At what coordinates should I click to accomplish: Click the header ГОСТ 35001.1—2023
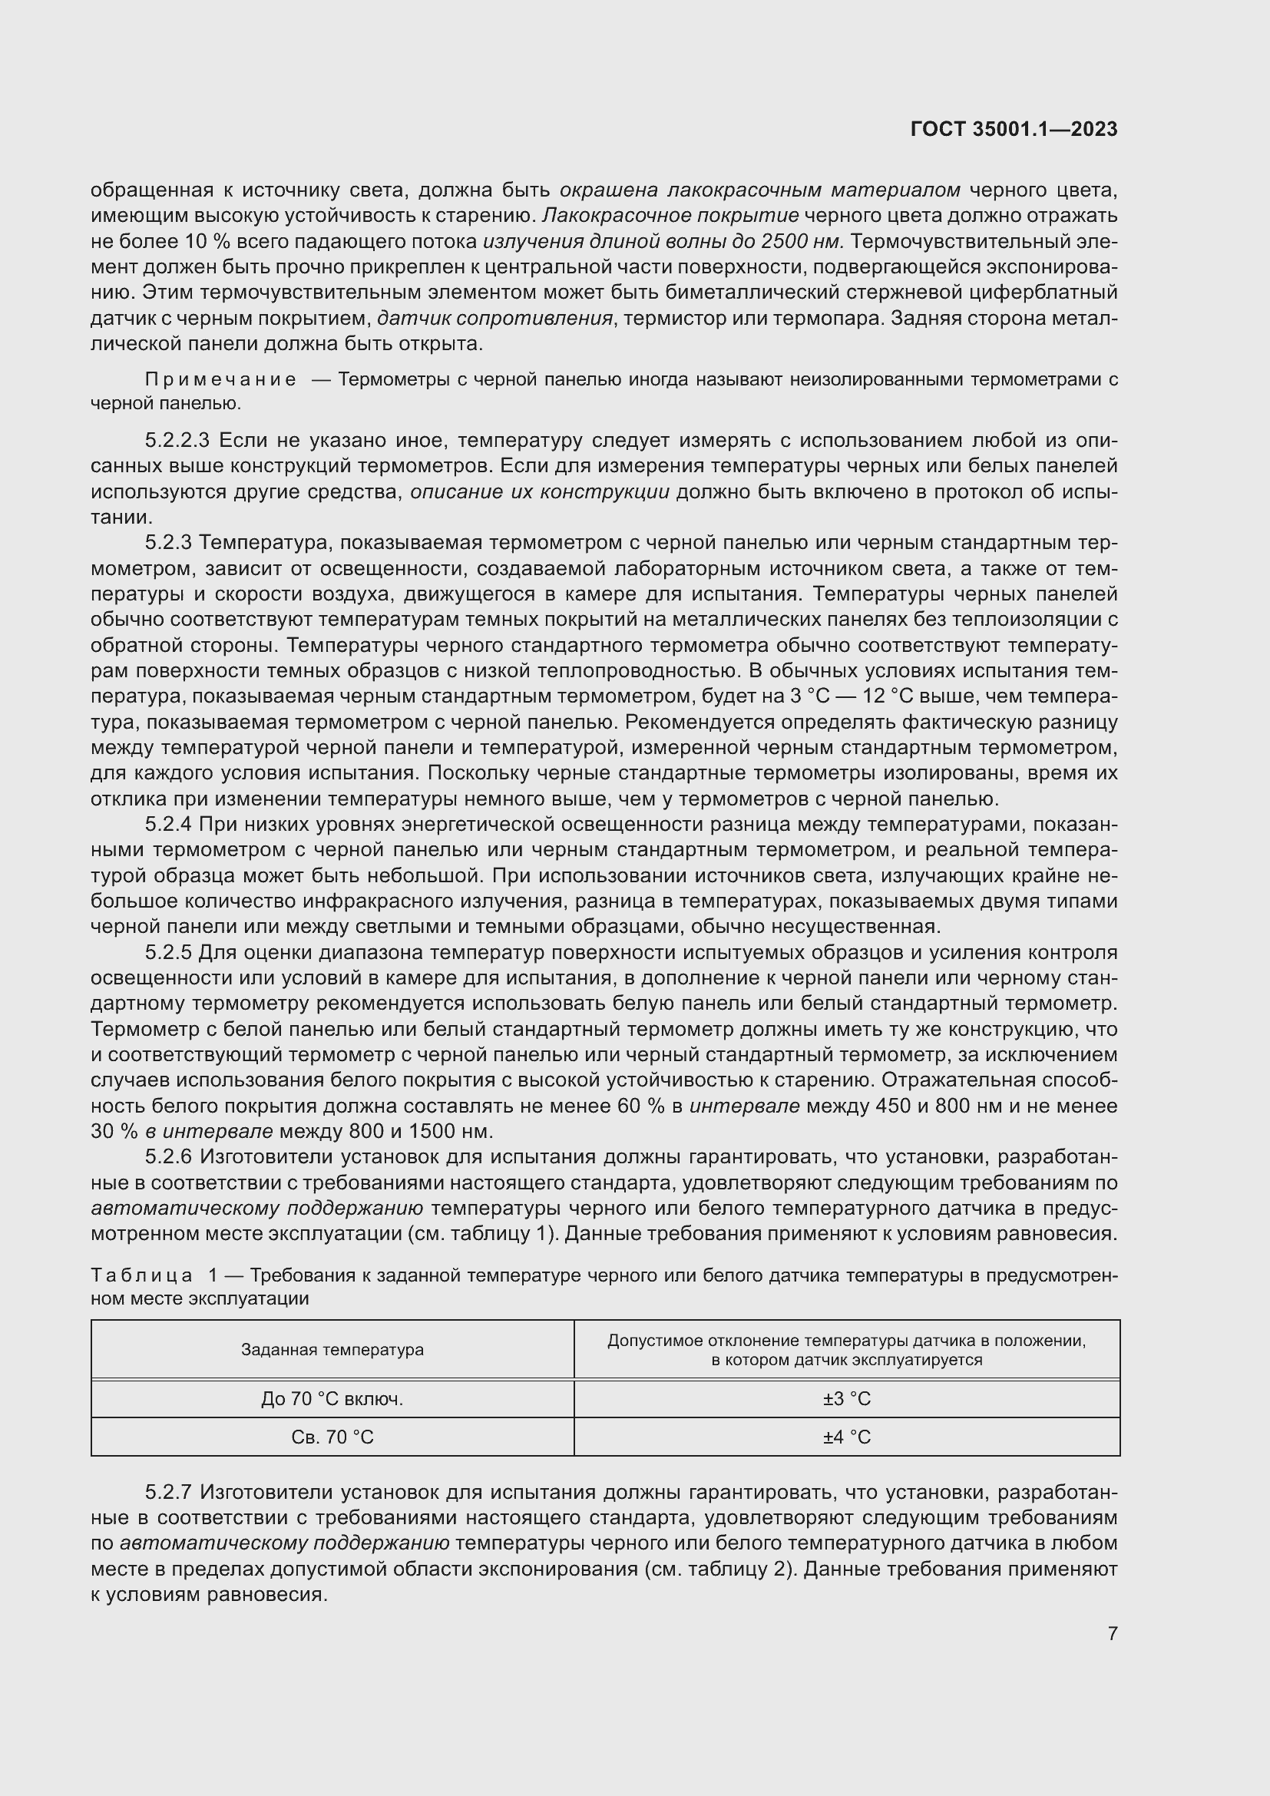[1014, 130]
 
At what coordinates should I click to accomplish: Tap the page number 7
[1112, 1633]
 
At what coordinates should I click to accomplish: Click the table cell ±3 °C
[846, 1398]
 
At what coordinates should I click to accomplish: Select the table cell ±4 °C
[846, 1437]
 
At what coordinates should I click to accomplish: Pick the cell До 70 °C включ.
[332, 1398]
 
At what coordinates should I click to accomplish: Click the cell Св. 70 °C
[332, 1437]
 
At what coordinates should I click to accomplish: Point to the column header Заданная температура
[332, 1349]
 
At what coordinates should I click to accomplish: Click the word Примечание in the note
[220, 380]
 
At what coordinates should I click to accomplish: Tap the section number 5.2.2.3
[177, 441]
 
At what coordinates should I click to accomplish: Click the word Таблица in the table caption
[141, 1276]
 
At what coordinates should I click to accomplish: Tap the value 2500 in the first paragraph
[784, 242]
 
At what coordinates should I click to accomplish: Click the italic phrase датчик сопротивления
[494, 319]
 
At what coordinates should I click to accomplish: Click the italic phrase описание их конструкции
[540, 492]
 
